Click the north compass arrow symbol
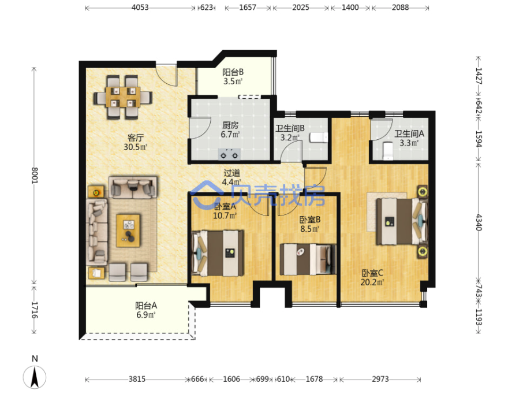tap(35, 377)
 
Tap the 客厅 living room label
tap(136, 137)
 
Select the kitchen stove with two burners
tap(229, 154)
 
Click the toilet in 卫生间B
tap(319, 137)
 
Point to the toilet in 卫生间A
tap(387, 150)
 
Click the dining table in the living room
tap(123, 97)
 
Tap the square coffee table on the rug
tap(128, 231)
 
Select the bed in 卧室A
tap(218, 253)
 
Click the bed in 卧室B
tap(308, 259)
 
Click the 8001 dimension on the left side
tap(35, 175)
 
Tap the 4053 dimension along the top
tap(140, 8)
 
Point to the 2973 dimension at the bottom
tap(380, 380)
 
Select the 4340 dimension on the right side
tap(479, 222)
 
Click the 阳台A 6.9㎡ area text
tap(146, 310)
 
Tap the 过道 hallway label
tap(232, 173)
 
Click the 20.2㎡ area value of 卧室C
tap(372, 283)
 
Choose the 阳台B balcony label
tap(233, 72)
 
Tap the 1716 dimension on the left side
tap(35, 310)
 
